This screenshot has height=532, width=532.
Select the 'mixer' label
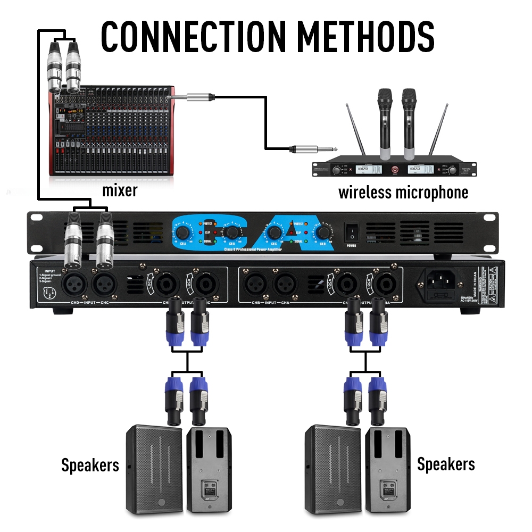(120, 190)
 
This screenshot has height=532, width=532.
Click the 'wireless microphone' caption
(403, 192)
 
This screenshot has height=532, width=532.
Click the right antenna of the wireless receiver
(437, 131)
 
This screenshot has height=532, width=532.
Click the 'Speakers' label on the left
(90, 465)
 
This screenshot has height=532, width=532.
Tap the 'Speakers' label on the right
(446, 464)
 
